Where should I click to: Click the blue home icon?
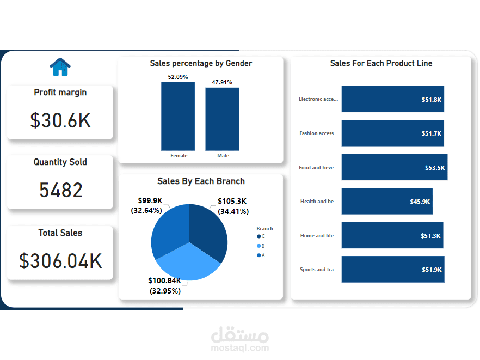coord(60,67)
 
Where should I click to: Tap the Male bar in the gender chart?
coord(222,119)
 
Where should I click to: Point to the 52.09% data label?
coord(178,77)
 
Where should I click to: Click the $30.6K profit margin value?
coord(60,120)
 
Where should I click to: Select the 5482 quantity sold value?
coord(61,190)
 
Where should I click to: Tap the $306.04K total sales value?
coord(60,261)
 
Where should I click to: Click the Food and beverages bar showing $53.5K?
coord(394,167)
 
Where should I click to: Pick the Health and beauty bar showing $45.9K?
coord(387,202)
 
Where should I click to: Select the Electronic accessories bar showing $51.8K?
coord(392,99)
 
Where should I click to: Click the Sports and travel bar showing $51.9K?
coord(392,270)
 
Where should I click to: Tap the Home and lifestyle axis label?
coord(319,236)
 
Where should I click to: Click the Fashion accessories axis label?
coord(318,133)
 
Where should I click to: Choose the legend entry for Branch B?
coord(261,246)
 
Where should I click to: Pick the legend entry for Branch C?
coord(261,236)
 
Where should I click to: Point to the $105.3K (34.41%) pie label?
coord(232,206)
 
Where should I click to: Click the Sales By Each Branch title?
coord(201,181)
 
